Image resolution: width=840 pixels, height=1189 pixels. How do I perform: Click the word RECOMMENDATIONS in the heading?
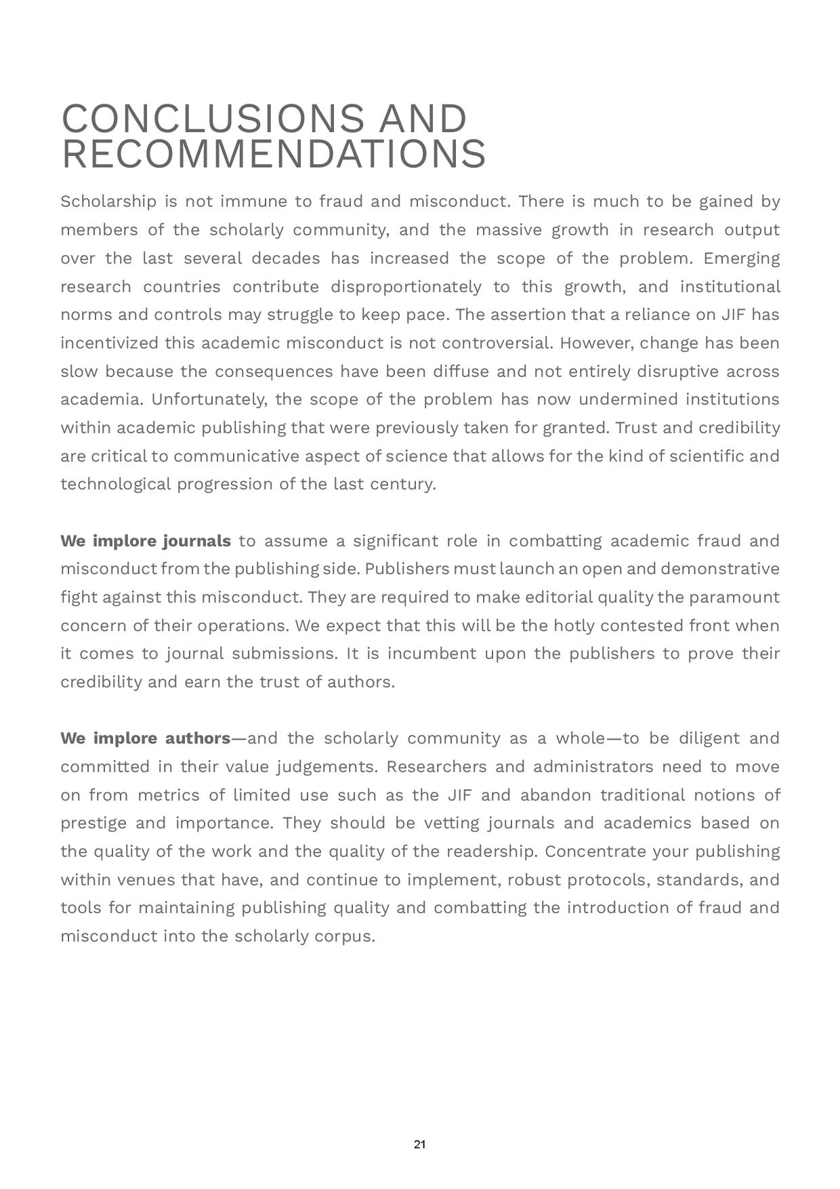274,154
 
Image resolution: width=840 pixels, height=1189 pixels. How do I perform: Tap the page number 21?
419,1144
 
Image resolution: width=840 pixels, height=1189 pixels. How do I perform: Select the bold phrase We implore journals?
146,541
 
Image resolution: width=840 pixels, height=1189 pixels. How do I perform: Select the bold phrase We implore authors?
146,738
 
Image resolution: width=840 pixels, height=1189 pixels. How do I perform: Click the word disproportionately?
405,287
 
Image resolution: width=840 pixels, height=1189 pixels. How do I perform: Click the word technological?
116,484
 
